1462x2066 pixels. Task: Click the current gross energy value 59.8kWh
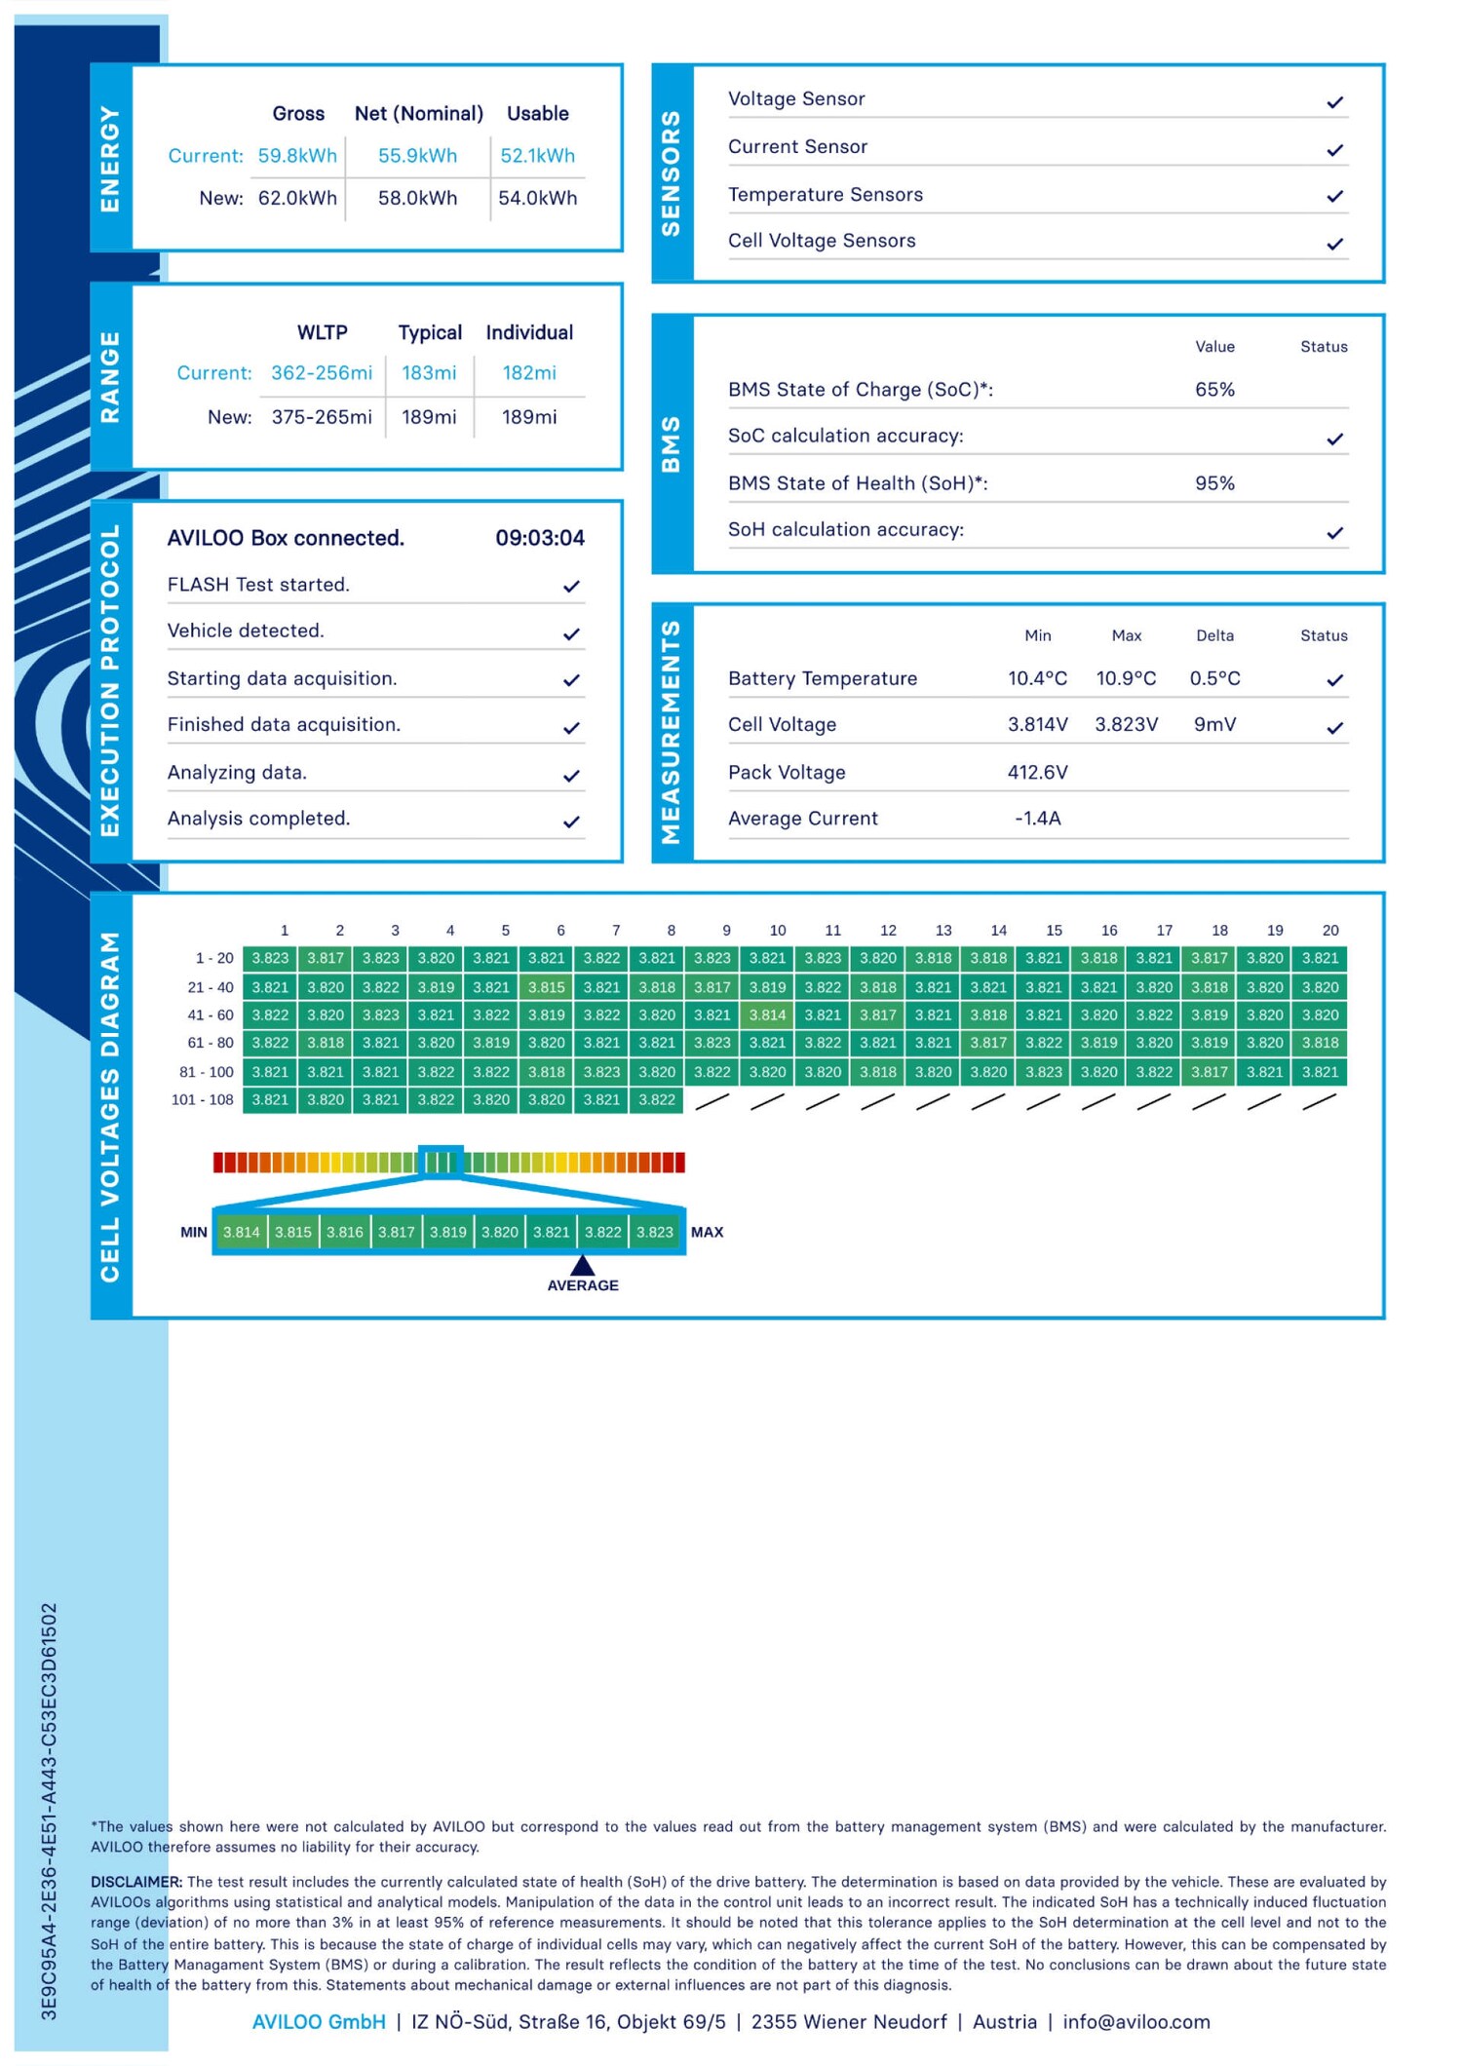(x=297, y=156)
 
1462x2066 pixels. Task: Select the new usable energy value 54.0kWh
(x=537, y=199)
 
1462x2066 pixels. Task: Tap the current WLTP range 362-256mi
(x=322, y=373)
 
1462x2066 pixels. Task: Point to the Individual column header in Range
(x=529, y=332)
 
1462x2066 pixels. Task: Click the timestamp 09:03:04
(x=540, y=538)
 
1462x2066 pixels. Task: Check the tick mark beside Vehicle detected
(x=572, y=634)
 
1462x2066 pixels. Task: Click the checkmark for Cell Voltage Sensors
(x=1335, y=244)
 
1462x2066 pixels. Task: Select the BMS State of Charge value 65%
(x=1214, y=390)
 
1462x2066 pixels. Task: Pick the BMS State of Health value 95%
(x=1214, y=483)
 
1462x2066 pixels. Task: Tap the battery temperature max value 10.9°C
(x=1126, y=678)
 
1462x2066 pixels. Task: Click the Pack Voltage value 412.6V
(x=1037, y=773)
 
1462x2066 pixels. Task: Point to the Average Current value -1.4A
(x=1037, y=819)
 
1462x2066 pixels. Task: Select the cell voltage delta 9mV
(x=1214, y=725)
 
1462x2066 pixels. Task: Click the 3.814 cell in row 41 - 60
(x=767, y=1015)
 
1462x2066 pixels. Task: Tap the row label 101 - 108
(x=203, y=1100)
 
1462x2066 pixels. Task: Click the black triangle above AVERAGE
(x=583, y=1266)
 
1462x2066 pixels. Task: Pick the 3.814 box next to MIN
(x=242, y=1233)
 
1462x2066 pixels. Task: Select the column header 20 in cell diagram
(x=1330, y=931)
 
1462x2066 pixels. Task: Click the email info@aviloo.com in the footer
(x=1136, y=2022)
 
